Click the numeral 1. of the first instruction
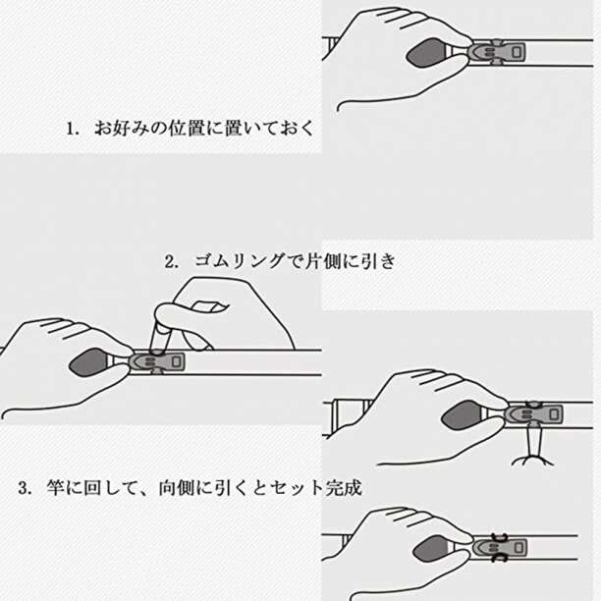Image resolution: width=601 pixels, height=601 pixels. (x=72, y=129)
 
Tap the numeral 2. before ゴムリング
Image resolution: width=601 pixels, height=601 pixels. (x=171, y=262)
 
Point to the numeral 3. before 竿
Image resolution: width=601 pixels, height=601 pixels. (x=26, y=488)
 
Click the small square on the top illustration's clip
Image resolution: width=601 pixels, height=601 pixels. (x=517, y=51)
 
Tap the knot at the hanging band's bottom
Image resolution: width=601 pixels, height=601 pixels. (x=533, y=460)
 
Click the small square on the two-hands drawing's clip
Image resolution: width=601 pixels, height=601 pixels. (x=176, y=361)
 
